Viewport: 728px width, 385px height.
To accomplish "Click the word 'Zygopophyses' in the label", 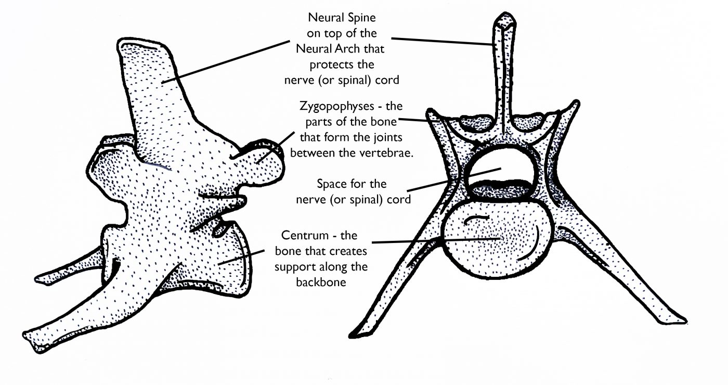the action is [336, 107].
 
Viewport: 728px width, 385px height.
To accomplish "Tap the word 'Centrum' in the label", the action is [305, 235].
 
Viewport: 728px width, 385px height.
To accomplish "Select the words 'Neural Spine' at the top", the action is [342, 17].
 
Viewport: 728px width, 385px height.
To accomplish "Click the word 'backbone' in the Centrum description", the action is [321, 282].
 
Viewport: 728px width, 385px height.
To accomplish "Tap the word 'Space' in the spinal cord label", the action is [332, 184].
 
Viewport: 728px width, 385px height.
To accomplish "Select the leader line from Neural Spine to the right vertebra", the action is [443, 41].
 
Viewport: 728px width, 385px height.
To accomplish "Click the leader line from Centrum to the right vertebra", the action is [436, 240].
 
